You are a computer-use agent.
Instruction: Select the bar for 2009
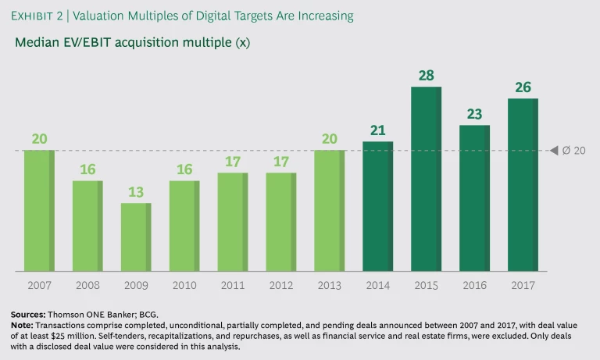pyautogui.click(x=136, y=237)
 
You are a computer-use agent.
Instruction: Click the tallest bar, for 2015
pyautogui.click(x=427, y=179)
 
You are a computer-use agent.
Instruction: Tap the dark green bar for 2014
pyautogui.click(x=378, y=206)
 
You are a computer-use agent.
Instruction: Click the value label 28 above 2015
pyautogui.click(x=426, y=76)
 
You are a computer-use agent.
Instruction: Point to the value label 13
pyautogui.click(x=135, y=192)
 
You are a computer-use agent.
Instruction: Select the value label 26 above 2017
pyautogui.click(x=523, y=87)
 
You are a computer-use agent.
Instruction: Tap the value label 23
pyautogui.click(x=474, y=114)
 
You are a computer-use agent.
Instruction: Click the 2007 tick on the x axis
pyautogui.click(x=39, y=286)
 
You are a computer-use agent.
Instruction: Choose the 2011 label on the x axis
pyautogui.click(x=232, y=286)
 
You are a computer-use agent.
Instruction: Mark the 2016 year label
pyautogui.click(x=474, y=286)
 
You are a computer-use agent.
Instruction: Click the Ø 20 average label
pyautogui.click(x=574, y=150)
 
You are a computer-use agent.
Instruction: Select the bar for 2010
pyautogui.click(x=184, y=226)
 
